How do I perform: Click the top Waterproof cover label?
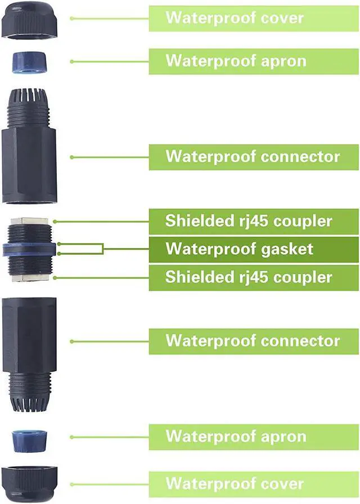pyautogui.click(x=234, y=17)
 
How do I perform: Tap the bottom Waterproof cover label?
pyautogui.click(x=234, y=483)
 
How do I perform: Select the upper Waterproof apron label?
pyautogui.click(x=236, y=61)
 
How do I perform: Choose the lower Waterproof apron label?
pyautogui.click(x=236, y=436)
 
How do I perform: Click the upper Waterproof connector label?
pyautogui.click(x=253, y=156)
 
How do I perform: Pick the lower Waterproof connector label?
pyautogui.click(x=253, y=340)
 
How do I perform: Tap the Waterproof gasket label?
pyautogui.click(x=239, y=248)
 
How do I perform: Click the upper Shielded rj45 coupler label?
pyautogui.click(x=248, y=220)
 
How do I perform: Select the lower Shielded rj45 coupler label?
pyautogui.click(x=248, y=277)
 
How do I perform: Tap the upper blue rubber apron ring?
pyautogui.click(x=29, y=62)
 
